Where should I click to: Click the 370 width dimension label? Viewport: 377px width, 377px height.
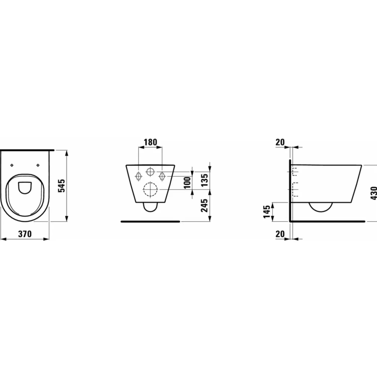click(25, 234)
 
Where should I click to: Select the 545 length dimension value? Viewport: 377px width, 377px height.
click(62, 185)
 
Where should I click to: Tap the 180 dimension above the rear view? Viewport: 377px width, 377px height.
click(150, 142)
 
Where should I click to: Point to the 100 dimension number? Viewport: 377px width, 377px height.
click(187, 183)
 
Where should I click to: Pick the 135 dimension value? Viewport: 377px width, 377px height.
click(205, 180)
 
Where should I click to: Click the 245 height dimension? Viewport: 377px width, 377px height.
click(205, 205)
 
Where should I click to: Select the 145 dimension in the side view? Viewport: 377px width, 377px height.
click(267, 212)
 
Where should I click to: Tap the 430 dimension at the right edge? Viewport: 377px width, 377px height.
click(373, 193)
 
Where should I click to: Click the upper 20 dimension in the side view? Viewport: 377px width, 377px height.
click(280, 142)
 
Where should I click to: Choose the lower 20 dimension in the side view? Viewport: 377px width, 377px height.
click(280, 234)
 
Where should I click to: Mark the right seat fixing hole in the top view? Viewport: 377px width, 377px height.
click(38, 165)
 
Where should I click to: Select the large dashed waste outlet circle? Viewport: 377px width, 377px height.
click(150, 189)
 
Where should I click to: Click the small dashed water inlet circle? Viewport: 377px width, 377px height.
click(150, 172)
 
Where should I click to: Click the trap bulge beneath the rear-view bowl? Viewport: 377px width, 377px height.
click(150, 207)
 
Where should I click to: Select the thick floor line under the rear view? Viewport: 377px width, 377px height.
click(150, 221)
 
